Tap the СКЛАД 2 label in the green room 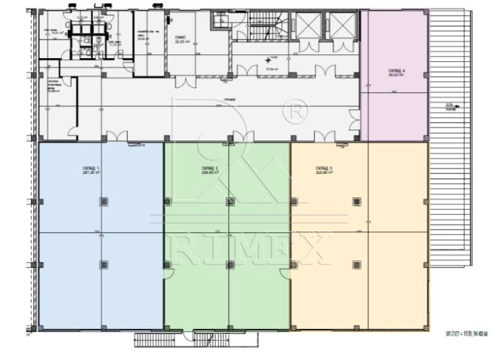(210, 168)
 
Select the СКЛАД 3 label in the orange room (323, 168)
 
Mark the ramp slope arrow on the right (458, 107)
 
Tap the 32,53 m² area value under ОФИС (181, 43)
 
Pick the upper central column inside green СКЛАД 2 (228, 201)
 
